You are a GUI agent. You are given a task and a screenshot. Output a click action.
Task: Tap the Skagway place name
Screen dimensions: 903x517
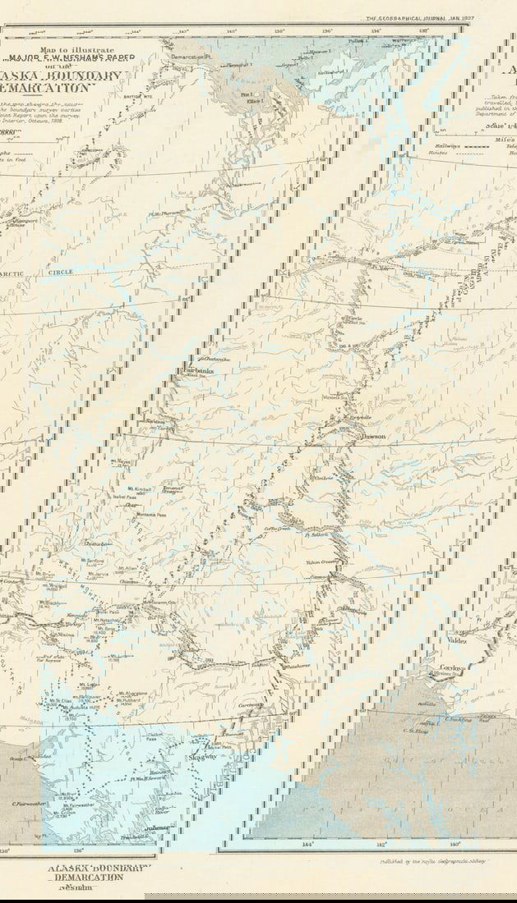tap(201, 757)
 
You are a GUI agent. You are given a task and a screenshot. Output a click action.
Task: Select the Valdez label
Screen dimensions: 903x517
tap(455, 639)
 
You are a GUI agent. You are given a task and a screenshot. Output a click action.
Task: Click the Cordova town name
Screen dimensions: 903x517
tap(453, 668)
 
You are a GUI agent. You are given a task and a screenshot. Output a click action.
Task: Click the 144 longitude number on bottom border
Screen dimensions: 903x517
tap(307, 844)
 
